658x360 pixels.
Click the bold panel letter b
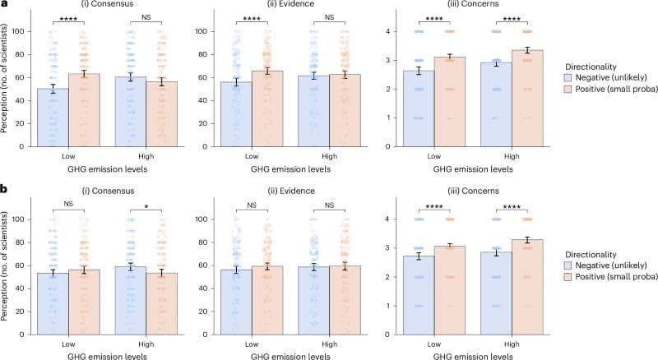point(5,190)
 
